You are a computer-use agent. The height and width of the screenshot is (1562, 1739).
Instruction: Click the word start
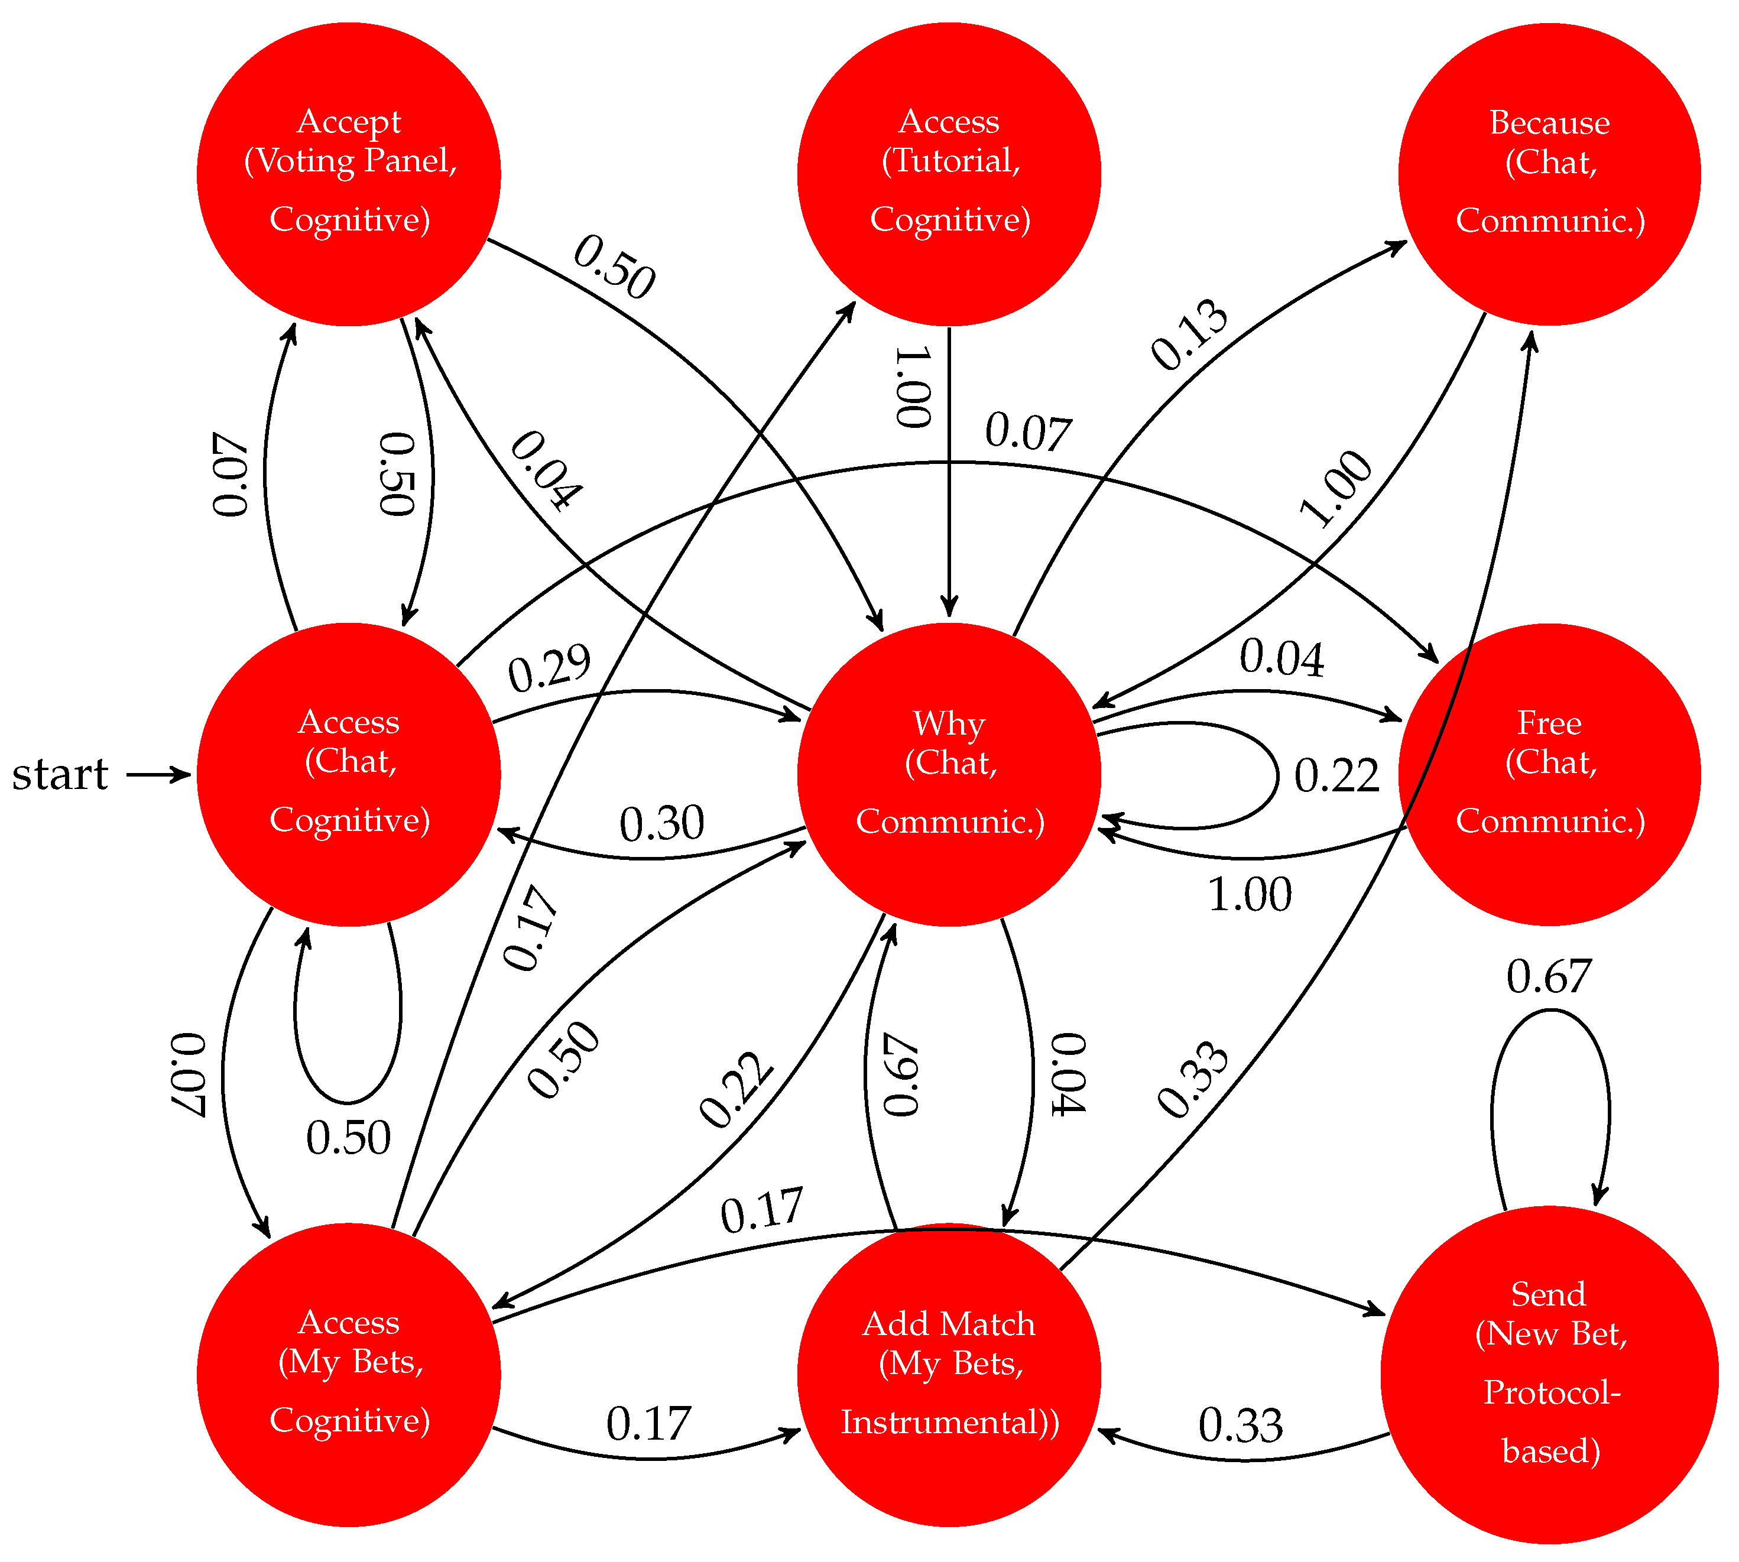click(60, 775)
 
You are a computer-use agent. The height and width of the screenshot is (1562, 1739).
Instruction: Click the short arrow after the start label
click(159, 775)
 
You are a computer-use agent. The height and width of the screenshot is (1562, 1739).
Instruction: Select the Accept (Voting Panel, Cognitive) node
click(349, 174)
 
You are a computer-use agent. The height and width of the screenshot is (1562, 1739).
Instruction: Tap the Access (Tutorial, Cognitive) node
click(949, 174)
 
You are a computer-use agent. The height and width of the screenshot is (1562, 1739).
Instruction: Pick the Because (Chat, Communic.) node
click(1549, 174)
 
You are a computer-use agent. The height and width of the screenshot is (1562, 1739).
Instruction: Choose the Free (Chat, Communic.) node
click(1549, 774)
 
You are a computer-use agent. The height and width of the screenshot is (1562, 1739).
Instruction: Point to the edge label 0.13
click(1189, 335)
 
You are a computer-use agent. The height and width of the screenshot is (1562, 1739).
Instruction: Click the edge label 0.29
click(549, 668)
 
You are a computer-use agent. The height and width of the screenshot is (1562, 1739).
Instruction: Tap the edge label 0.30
click(662, 824)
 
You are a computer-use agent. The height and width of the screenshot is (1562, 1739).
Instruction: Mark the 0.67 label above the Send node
click(1549, 977)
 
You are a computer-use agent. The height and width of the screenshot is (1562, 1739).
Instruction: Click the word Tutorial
click(953, 161)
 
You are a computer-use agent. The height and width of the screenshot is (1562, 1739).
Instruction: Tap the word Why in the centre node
click(949, 723)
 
